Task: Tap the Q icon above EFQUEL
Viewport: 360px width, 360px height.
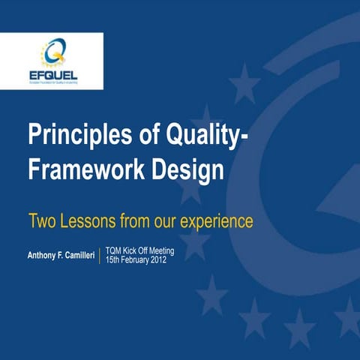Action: pos(53,53)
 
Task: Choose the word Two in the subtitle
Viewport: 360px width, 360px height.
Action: pos(42,221)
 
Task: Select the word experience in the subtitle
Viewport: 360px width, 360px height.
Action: pos(216,221)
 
